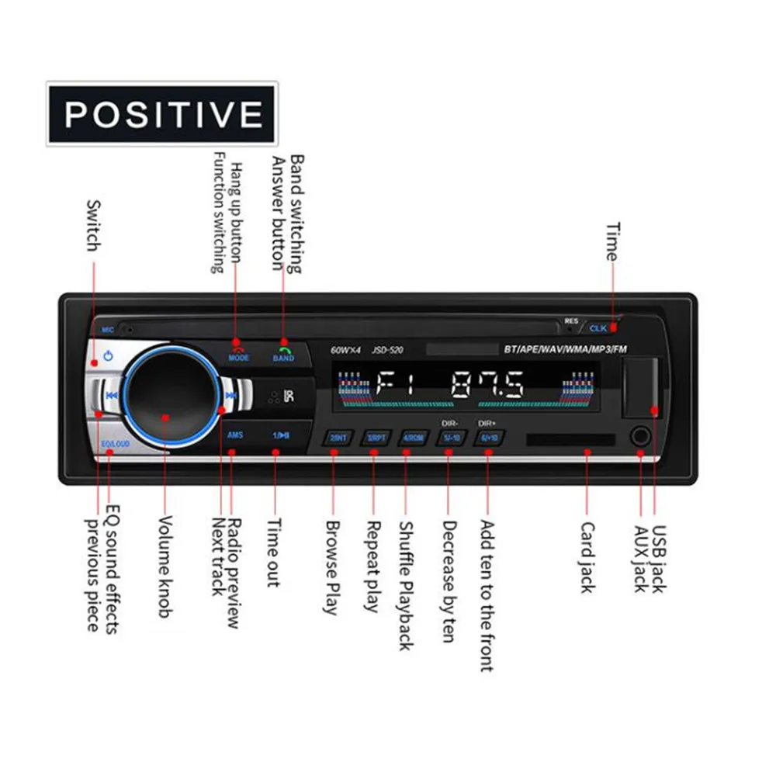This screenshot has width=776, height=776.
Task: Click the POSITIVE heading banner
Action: (162, 114)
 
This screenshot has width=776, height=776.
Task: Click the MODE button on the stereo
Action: (239, 351)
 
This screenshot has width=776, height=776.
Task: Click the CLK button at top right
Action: (599, 328)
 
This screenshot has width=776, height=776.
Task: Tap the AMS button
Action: (235, 435)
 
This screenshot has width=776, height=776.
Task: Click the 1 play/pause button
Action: (280, 435)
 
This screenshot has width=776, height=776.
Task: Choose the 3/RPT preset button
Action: (376, 438)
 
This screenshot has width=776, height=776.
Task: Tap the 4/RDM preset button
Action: (412, 438)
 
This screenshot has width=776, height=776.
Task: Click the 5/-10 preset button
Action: (450, 438)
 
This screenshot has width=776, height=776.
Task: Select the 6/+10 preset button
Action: (488, 438)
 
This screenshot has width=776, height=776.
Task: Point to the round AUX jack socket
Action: (640, 437)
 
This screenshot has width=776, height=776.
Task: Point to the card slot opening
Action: (570, 439)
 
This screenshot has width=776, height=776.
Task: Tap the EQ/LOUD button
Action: (113, 444)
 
